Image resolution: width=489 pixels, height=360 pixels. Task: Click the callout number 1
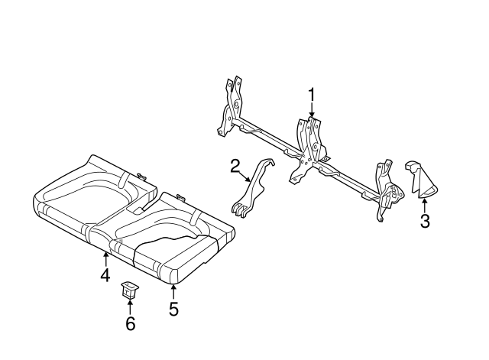click(x=312, y=94)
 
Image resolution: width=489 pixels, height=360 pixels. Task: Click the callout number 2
click(x=235, y=164)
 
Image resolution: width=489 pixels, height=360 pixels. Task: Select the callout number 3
click(x=425, y=222)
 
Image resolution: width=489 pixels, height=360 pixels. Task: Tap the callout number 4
click(x=105, y=274)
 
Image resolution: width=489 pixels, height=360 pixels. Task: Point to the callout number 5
click(x=173, y=309)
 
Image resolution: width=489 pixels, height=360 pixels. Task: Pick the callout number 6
click(x=130, y=324)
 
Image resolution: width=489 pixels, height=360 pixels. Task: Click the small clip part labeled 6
click(x=128, y=290)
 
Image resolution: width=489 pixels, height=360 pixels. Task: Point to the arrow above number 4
click(x=105, y=257)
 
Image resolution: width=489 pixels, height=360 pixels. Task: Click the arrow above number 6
click(x=129, y=306)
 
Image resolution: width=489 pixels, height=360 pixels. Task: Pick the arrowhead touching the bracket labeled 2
click(x=250, y=180)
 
